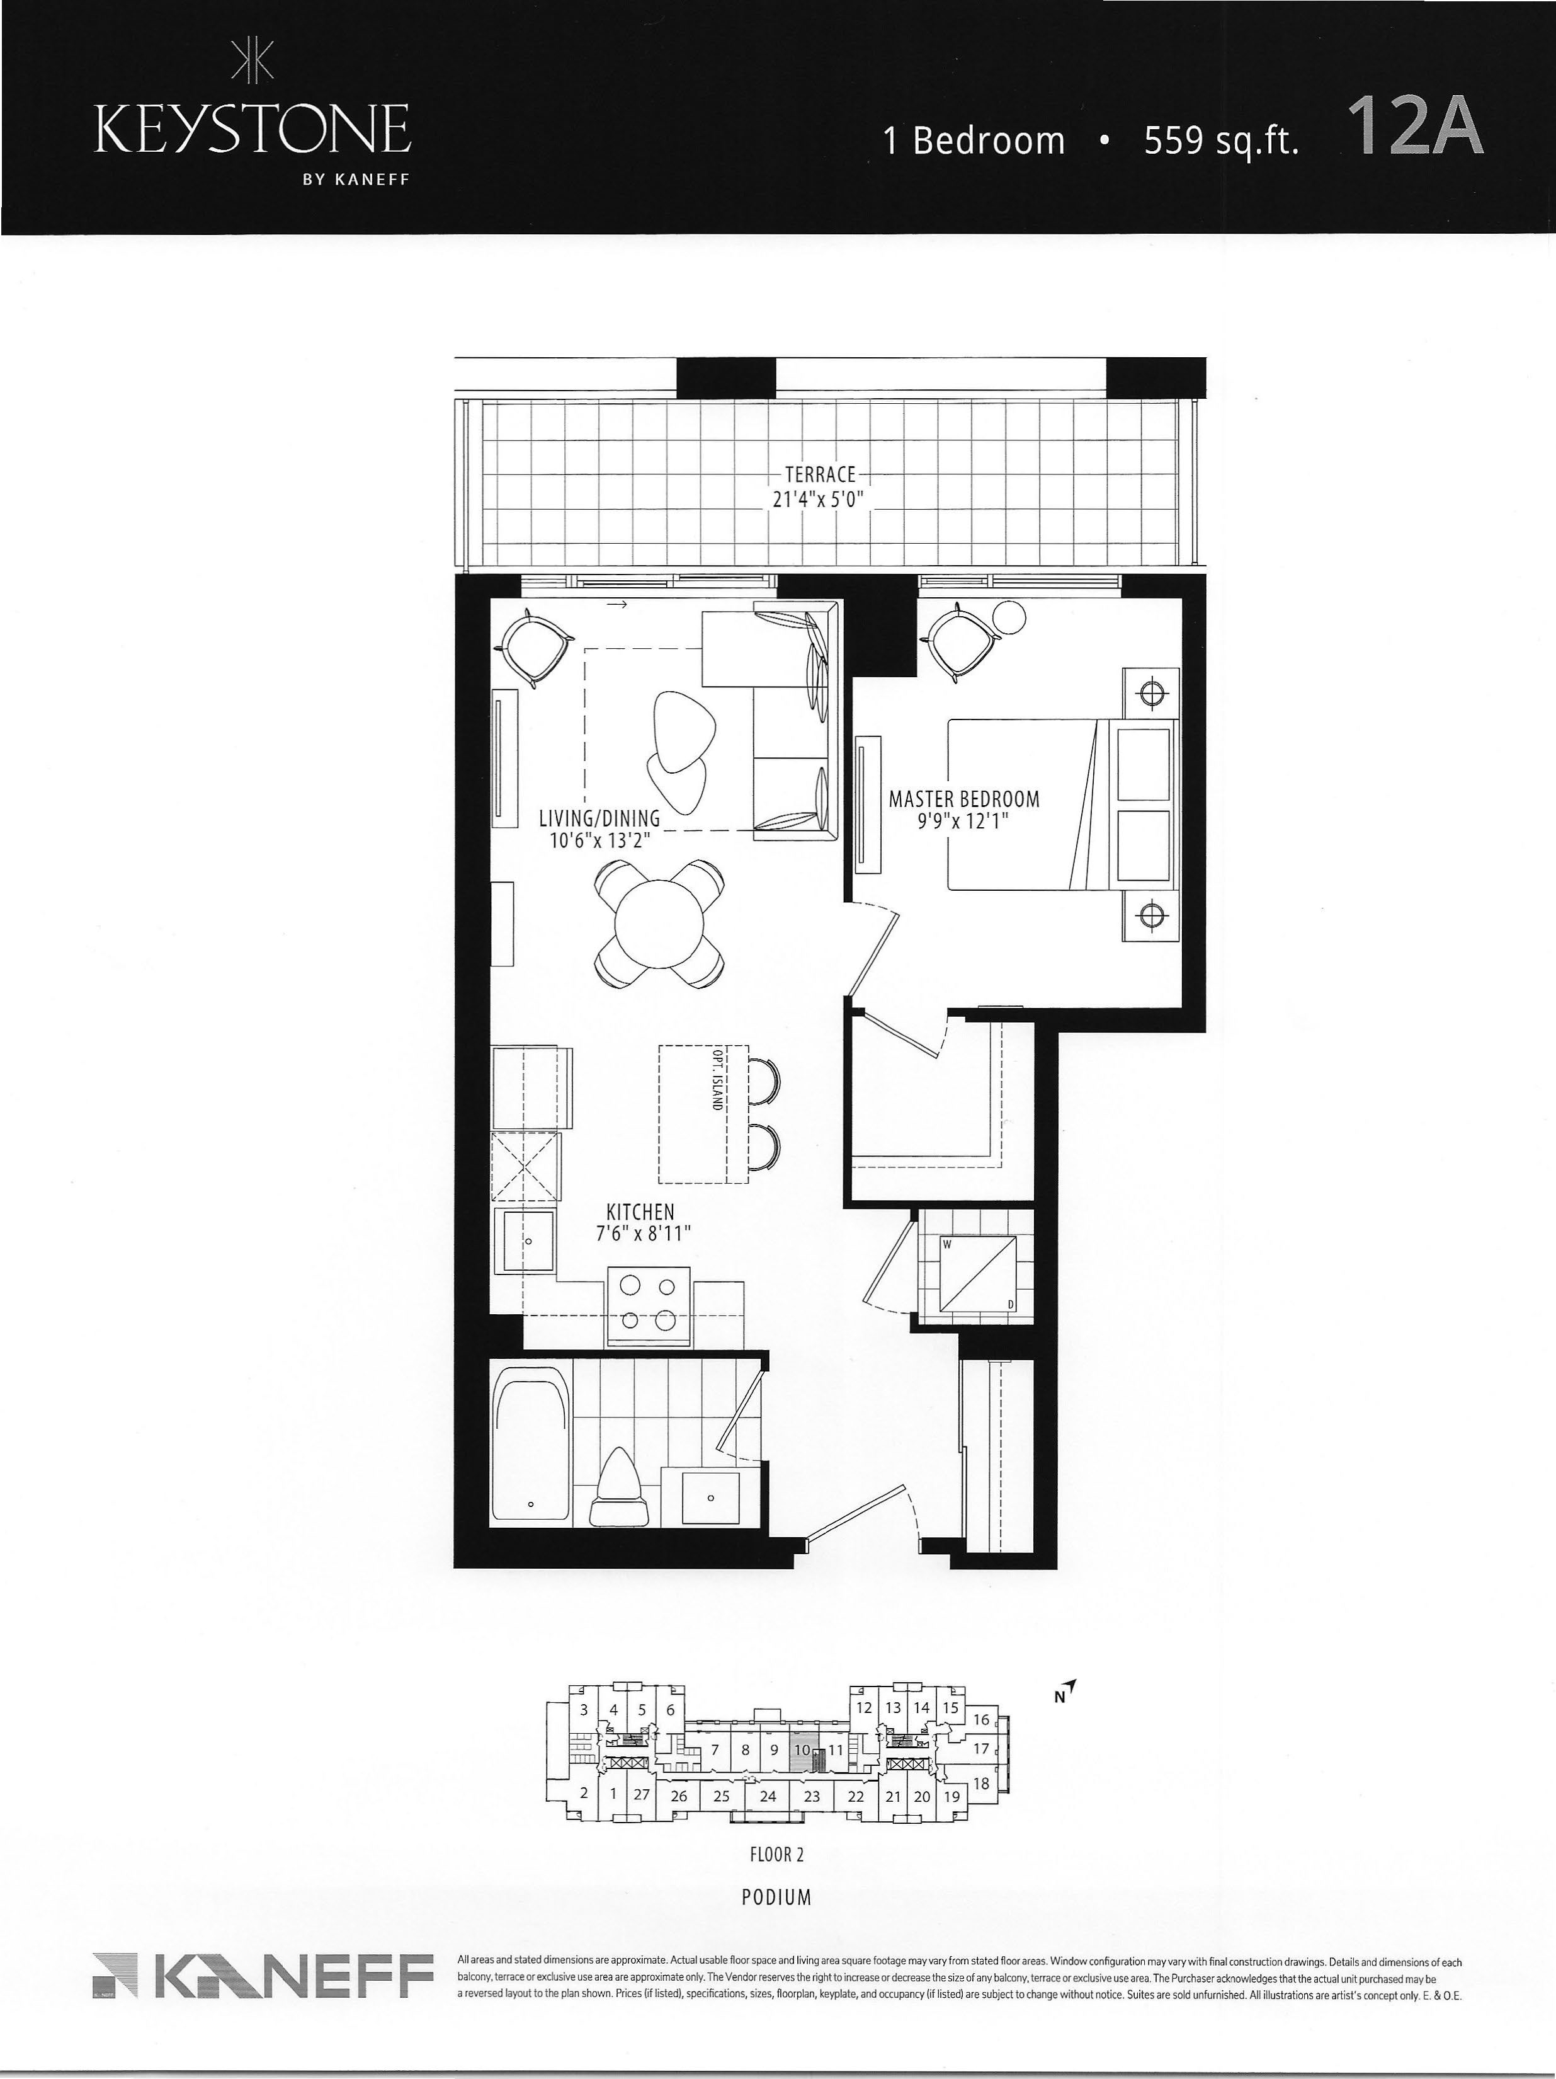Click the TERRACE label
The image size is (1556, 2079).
(x=821, y=474)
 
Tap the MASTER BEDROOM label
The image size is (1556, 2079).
(x=964, y=799)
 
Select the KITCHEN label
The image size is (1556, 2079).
(x=640, y=1213)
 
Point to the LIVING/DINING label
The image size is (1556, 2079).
(x=599, y=818)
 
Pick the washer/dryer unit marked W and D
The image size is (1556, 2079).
(x=977, y=1271)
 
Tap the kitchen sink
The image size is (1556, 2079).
(x=525, y=1240)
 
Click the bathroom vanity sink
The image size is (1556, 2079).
(x=710, y=1498)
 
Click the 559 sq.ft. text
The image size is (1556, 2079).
(x=1220, y=140)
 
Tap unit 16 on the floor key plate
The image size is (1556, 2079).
(x=981, y=1719)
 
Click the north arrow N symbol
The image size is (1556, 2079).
(x=1063, y=1693)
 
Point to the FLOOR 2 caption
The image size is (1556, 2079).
(x=777, y=1854)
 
